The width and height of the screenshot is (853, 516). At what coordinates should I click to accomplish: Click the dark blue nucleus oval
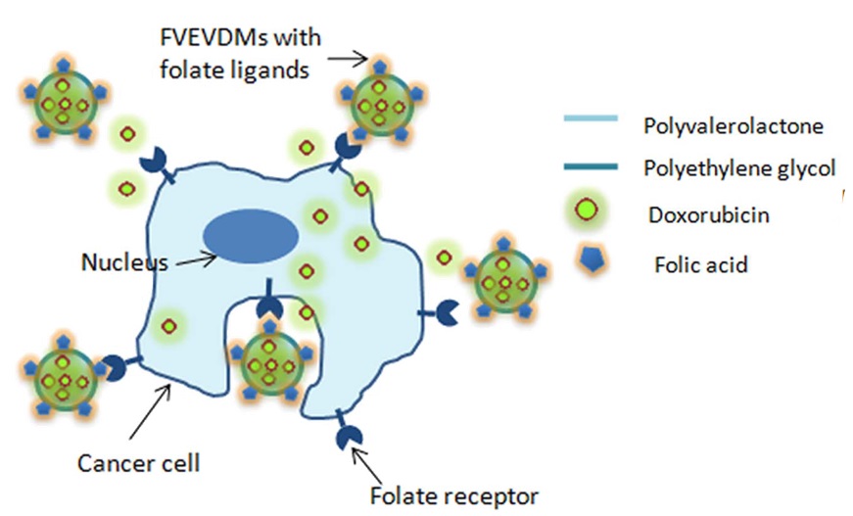251,238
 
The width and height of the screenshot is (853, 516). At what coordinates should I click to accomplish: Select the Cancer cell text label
140,460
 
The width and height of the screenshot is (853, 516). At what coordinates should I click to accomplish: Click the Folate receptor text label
453,494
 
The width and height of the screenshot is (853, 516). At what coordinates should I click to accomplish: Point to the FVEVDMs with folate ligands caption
240,55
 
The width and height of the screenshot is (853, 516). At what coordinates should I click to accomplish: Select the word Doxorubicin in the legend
708,214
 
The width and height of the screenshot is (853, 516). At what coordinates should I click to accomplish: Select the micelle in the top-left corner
62,102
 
